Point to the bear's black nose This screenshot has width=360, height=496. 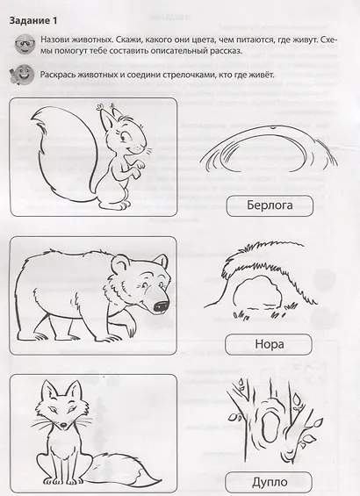[161, 306]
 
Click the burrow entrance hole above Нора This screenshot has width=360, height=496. [257, 293]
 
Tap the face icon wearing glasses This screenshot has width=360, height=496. [24, 43]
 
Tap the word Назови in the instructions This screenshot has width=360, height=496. [60, 40]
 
